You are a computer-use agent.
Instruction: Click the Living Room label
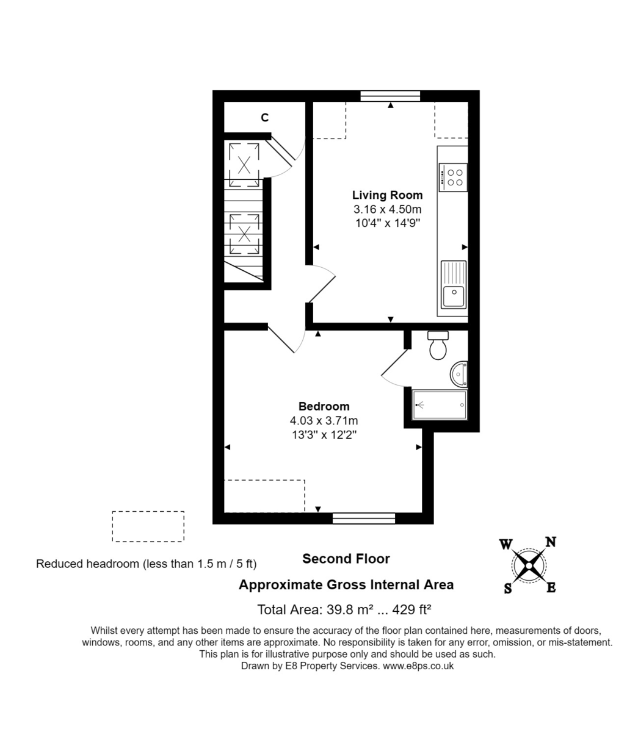pos(387,195)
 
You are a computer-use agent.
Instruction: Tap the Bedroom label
pos(324,406)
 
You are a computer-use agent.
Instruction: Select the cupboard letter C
pos(264,118)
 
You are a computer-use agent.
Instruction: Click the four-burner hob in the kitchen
pos(452,178)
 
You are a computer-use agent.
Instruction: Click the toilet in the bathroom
pos(438,346)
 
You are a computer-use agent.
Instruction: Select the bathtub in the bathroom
pos(440,404)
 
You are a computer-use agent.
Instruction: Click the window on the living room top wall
pos(390,96)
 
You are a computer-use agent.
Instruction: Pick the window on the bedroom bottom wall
pos(364,518)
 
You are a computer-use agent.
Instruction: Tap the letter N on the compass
pos(550,542)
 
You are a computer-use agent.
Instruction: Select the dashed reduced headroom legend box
pos(148,526)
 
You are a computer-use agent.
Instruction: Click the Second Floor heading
pos(346,558)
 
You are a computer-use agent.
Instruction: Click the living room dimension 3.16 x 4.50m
pos(387,209)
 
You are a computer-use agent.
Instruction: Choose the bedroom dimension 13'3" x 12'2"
pos(324,434)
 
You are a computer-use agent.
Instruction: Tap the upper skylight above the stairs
pos(244,163)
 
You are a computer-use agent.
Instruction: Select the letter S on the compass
pos(507,589)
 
